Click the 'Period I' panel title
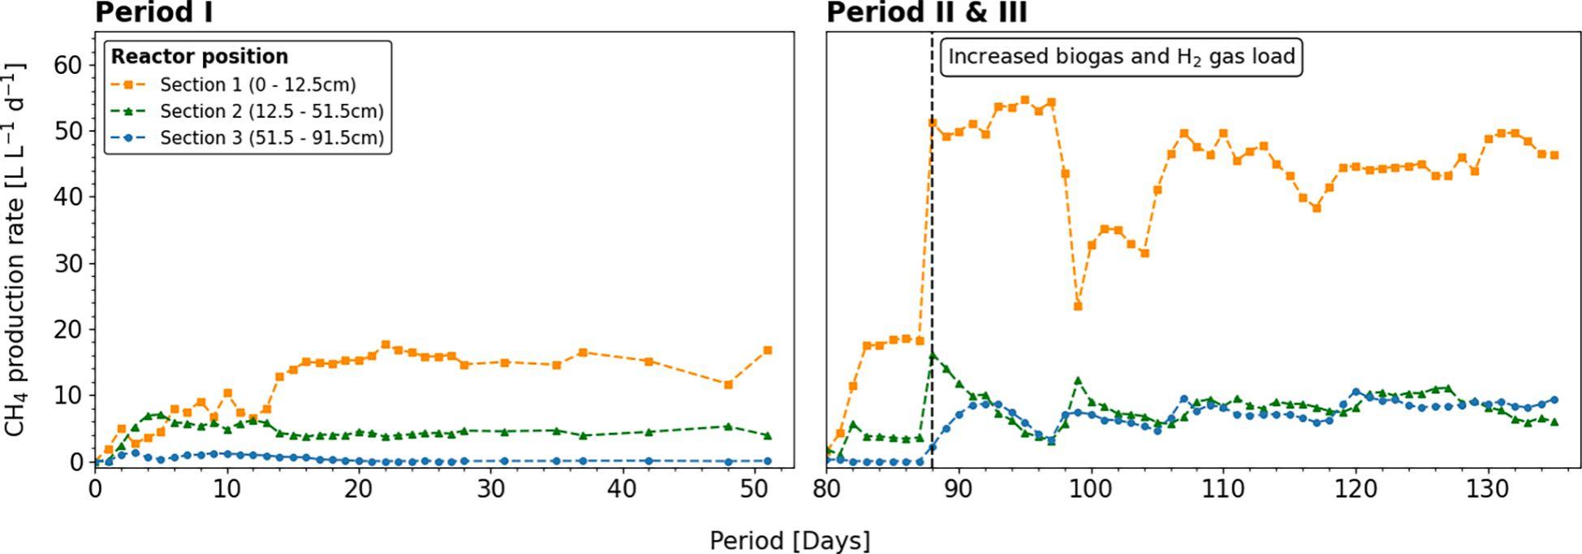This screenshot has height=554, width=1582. [154, 13]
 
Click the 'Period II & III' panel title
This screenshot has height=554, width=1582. [926, 13]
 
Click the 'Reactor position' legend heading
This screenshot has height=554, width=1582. [200, 57]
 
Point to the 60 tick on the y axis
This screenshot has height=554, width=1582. [68, 65]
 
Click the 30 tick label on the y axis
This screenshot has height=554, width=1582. [68, 263]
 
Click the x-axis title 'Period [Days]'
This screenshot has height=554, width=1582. [790, 541]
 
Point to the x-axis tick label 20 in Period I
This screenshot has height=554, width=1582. [359, 491]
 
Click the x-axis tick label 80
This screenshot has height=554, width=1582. [827, 491]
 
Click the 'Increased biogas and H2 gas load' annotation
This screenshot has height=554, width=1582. [1122, 58]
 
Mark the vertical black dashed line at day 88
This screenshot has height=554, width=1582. [932, 244]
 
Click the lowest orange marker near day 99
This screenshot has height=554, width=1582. [1078, 306]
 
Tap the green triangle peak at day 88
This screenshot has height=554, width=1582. [933, 355]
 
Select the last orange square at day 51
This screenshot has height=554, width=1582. [768, 350]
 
